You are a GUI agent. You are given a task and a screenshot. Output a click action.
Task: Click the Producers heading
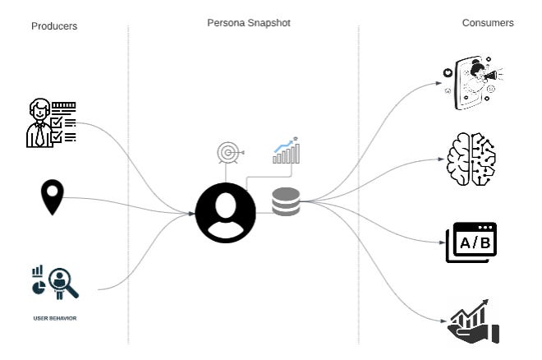click(x=54, y=25)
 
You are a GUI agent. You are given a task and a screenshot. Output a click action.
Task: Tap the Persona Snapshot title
click(x=248, y=23)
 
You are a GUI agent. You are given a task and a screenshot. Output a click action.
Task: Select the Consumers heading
click(x=488, y=23)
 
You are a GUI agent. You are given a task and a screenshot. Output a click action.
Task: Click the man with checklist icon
click(x=52, y=123)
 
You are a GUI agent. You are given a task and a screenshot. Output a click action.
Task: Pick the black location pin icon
click(x=53, y=197)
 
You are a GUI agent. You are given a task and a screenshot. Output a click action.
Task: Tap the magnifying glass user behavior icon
click(x=61, y=283)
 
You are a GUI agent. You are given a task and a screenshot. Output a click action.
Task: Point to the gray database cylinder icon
click(x=286, y=202)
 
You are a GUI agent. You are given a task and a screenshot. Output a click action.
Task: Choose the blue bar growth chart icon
click(x=287, y=150)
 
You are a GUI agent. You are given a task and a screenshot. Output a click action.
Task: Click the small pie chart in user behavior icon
click(x=37, y=288)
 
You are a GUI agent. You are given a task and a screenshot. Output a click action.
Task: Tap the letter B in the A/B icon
click(x=485, y=242)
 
